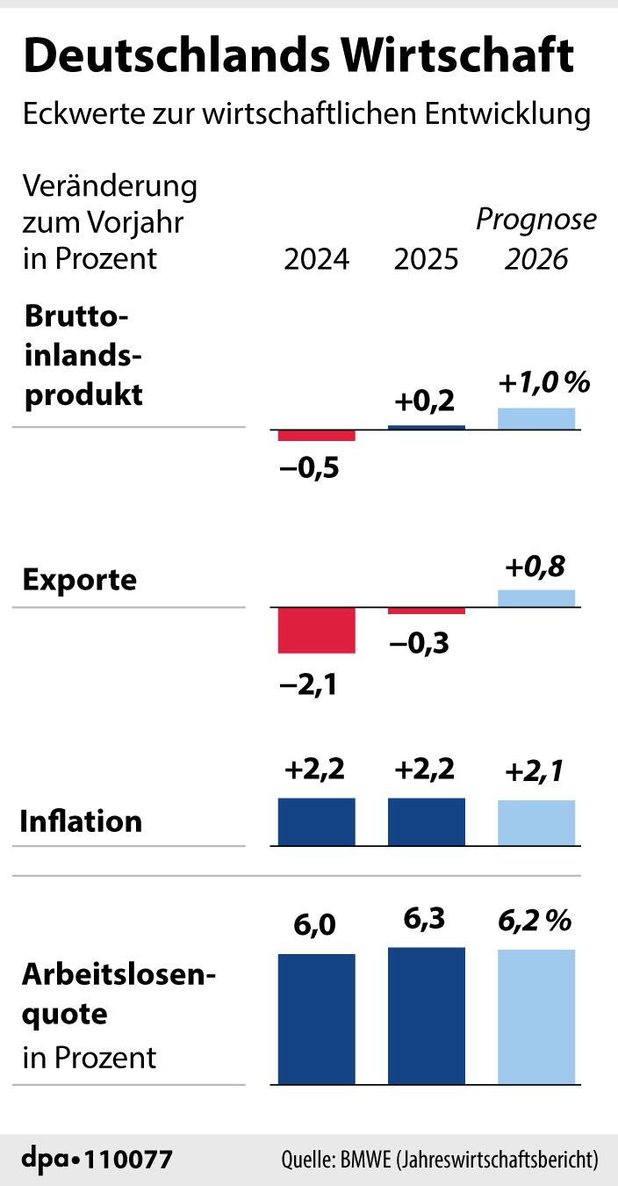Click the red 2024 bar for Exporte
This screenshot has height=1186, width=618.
point(316,630)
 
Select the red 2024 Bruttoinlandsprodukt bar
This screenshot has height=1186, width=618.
point(316,435)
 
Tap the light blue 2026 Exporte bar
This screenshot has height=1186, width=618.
point(536,598)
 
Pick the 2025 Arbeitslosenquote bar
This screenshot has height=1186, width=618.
point(427,1016)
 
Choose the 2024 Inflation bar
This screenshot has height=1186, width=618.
point(316,821)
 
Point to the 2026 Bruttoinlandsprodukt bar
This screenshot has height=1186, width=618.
point(536,419)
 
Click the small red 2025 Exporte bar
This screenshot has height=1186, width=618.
point(427,611)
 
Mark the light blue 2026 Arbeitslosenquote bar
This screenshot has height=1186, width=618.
point(536,1016)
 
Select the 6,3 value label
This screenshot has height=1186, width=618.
point(426,920)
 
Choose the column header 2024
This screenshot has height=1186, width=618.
point(316,260)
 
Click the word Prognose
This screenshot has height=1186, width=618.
point(535,220)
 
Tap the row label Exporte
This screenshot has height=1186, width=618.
point(80,580)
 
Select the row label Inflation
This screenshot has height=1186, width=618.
point(81,821)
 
